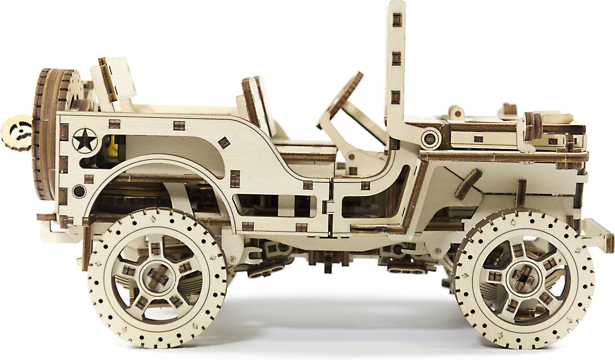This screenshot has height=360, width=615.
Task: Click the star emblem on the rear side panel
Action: coord(85,140)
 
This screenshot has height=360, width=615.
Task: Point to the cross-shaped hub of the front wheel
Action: coord(523,278)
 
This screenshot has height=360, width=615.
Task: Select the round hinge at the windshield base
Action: coord(430,138)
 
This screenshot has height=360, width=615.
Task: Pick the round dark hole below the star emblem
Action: coord(79,192)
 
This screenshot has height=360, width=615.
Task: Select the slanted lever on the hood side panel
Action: coord(468,184)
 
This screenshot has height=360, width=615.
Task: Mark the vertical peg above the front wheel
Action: coord(521,193)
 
